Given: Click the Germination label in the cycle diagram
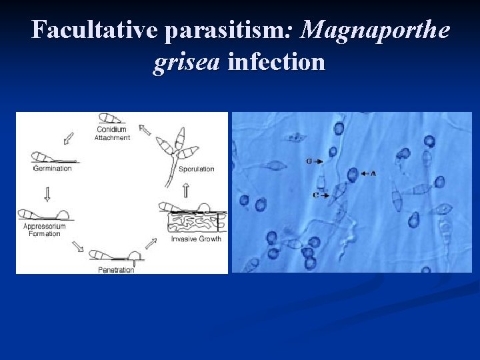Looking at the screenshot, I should (x=52, y=169).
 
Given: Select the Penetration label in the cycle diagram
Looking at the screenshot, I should (x=116, y=269).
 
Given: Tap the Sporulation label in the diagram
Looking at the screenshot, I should (x=197, y=169).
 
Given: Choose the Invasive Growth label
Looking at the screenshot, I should (x=196, y=239).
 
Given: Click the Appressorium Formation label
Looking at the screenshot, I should (x=45, y=230).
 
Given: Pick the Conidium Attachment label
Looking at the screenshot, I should (x=112, y=133).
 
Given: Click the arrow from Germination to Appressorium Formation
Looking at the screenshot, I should (x=47, y=193).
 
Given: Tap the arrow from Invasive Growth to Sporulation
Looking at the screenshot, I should (x=185, y=190).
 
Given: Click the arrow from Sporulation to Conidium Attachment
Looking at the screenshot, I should (x=145, y=130).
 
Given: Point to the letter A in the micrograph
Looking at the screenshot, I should (x=373, y=173).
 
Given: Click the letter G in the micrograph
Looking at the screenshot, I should (x=309, y=161).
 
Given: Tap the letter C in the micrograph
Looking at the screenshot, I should (x=315, y=195).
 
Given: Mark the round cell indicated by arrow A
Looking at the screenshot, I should (x=352, y=175).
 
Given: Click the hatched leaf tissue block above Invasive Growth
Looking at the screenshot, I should (x=193, y=221).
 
